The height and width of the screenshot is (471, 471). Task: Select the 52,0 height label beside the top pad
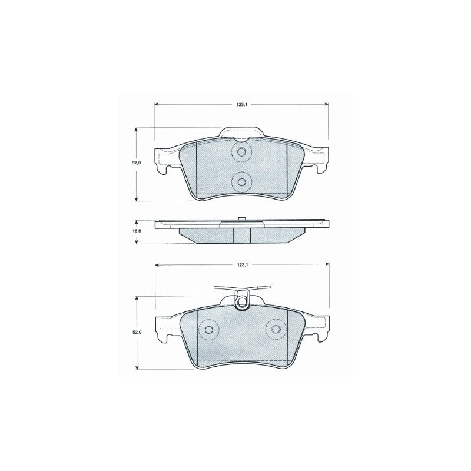[137, 162]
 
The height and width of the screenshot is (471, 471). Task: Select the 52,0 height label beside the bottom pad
[137, 333]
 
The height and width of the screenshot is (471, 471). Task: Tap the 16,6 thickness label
[137, 231]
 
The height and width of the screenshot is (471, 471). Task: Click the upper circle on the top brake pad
[241, 152]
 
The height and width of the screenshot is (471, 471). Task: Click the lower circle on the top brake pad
[241, 182]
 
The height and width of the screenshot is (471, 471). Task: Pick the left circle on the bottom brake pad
[209, 329]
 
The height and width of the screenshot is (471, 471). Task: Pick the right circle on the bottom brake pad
[276, 329]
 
